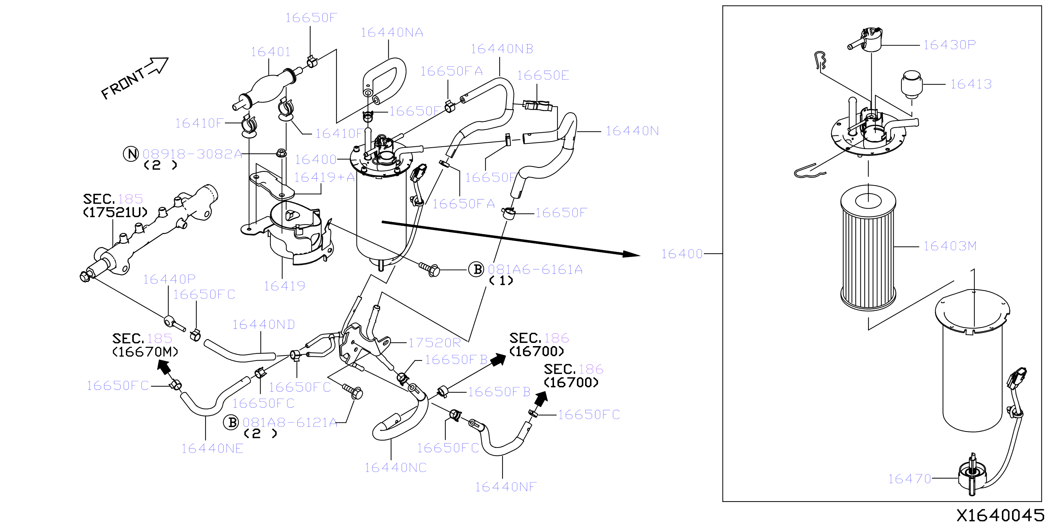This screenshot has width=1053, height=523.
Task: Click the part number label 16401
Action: (270, 52)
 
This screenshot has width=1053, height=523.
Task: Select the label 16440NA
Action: (391, 33)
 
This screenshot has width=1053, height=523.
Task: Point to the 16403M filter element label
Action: (950, 246)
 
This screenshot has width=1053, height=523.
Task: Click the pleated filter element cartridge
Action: (868, 248)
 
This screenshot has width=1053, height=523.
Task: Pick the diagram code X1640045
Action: (1000, 515)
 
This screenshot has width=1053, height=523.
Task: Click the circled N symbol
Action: (131, 154)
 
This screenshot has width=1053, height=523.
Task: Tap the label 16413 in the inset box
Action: (971, 84)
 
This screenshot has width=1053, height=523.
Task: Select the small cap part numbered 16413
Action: (912, 84)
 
